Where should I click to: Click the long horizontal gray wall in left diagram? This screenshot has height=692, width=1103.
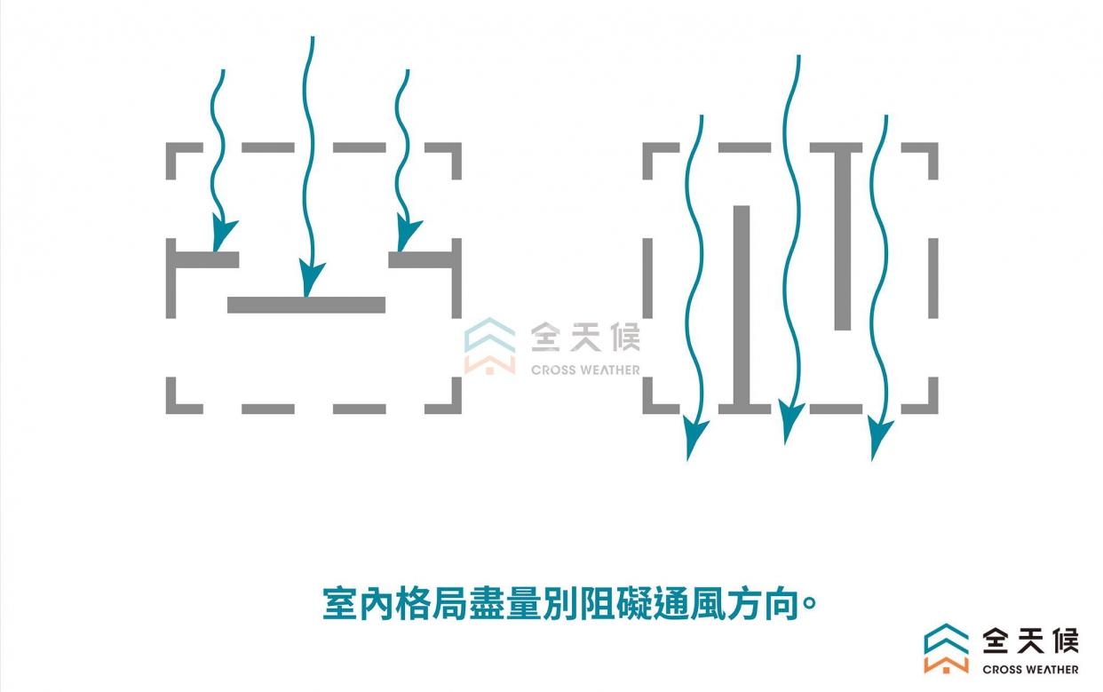point(306,305)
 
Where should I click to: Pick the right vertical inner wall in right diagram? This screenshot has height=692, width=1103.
point(843,240)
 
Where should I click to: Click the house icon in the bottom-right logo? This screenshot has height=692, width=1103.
point(946,648)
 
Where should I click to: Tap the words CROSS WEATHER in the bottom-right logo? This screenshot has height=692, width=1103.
point(1030,670)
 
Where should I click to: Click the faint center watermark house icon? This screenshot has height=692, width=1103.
point(489,346)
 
